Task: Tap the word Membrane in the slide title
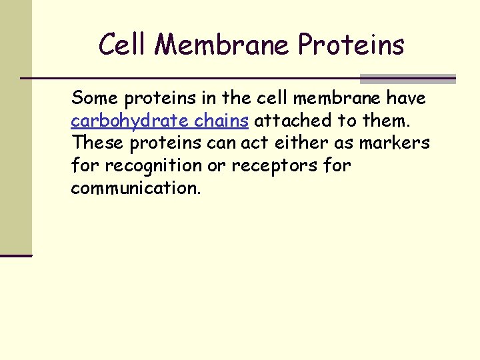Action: click(223, 45)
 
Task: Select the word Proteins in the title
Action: click(351, 45)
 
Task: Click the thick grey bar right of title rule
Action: click(407, 79)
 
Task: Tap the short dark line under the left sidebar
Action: click(16, 255)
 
